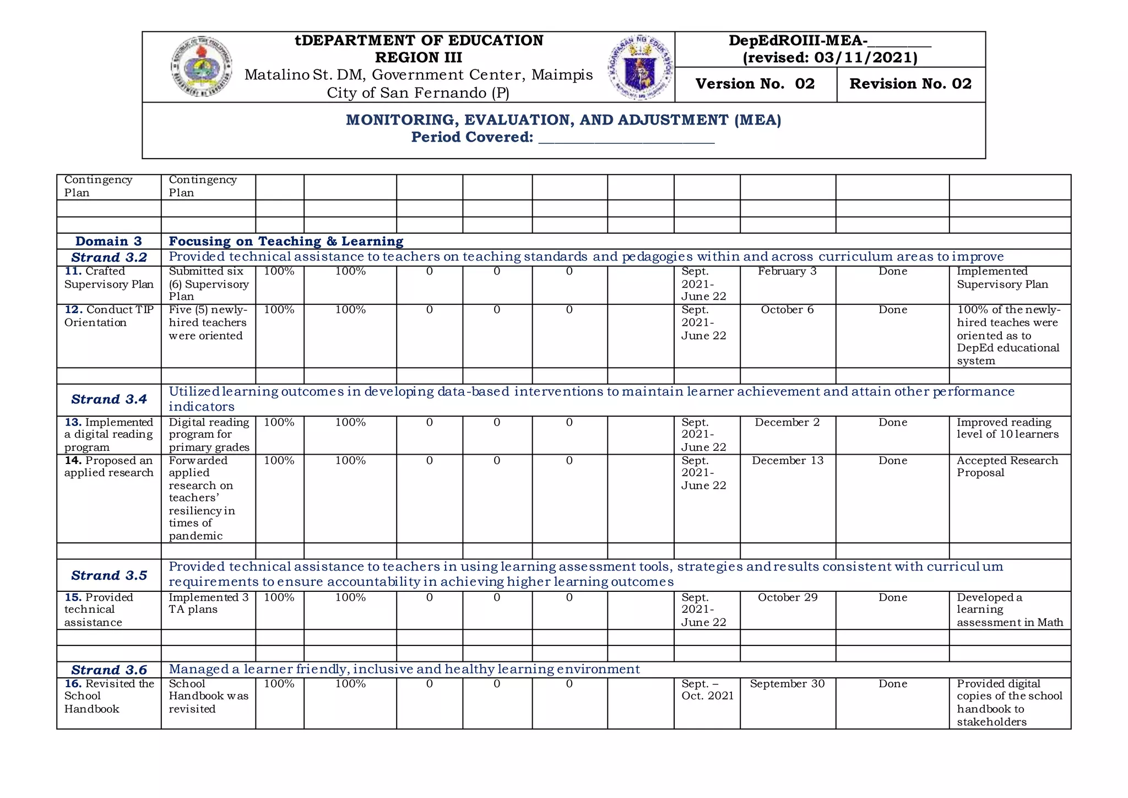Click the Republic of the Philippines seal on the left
click(201, 67)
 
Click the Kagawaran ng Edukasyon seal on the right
click(641, 67)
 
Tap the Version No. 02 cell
click(755, 84)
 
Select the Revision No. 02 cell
click(910, 84)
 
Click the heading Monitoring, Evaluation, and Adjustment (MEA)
click(563, 120)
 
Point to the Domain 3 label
click(109, 241)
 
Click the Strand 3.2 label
click(109, 257)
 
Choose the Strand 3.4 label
click(109, 400)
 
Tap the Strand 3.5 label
click(109, 575)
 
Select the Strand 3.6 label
click(109, 670)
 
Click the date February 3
click(787, 271)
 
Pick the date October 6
click(787, 310)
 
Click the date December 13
click(788, 461)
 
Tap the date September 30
click(787, 684)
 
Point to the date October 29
click(788, 597)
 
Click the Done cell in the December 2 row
click(892, 423)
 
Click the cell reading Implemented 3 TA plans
click(208, 603)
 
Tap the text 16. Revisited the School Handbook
click(109, 696)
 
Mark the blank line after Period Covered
click(626, 140)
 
